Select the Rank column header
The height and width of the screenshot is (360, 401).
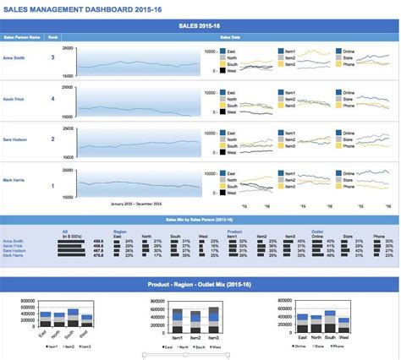click(x=53, y=38)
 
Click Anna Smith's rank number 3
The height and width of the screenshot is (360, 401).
click(x=53, y=57)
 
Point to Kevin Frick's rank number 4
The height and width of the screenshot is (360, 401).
click(x=53, y=99)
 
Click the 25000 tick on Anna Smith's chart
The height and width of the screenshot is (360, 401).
click(x=68, y=49)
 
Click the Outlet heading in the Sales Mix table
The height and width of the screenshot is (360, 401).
click(x=317, y=231)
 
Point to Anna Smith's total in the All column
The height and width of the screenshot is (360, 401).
click(x=97, y=240)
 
